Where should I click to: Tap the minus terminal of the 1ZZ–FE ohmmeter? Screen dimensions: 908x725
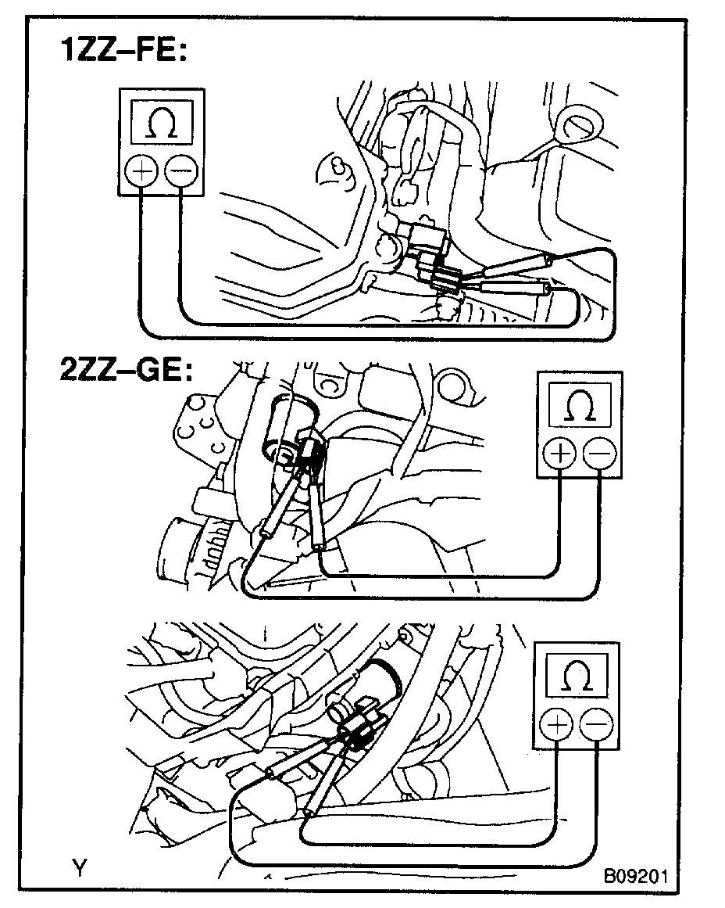(x=180, y=172)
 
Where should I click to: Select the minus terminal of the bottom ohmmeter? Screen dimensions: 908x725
(x=597, y=726)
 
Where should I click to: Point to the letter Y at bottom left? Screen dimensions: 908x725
(x=79, y=868)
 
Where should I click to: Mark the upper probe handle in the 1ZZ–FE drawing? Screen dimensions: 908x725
(x=516, y=265)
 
